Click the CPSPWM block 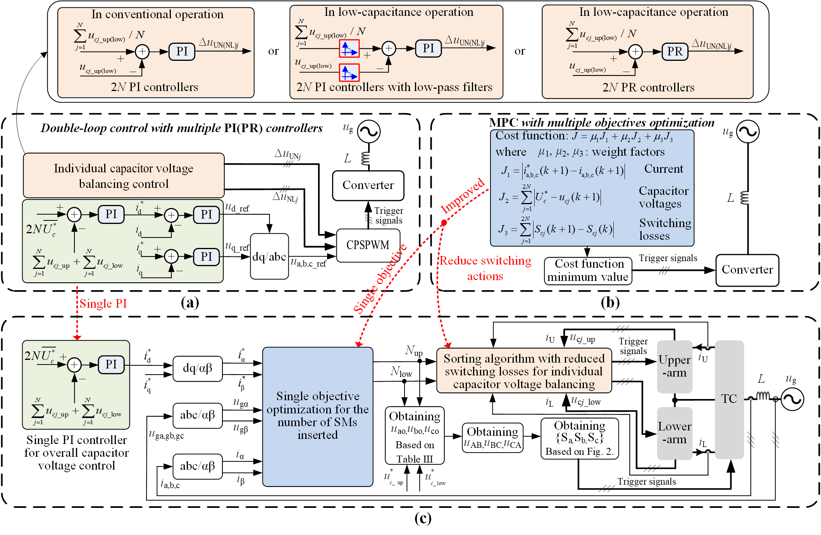(368, 245)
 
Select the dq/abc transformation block (269, 256)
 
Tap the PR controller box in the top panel (675, 52)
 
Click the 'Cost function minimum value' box (588, 271)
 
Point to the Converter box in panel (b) (747, 270)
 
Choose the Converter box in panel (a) (368, 185)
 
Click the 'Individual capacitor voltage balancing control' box (124, 175)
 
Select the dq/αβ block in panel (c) (198, 368)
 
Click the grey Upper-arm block (675, 366)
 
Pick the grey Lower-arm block (675, 433)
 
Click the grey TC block (729, 399)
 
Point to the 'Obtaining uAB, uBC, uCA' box (492, 437)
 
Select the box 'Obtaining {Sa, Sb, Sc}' (579, 438)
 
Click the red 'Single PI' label (103, 303)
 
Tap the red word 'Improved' (462, 195)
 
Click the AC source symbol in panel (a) (368, 132)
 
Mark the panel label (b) (610, 303)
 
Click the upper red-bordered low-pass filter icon (349, 49)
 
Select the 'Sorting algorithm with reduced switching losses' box (524, 371)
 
